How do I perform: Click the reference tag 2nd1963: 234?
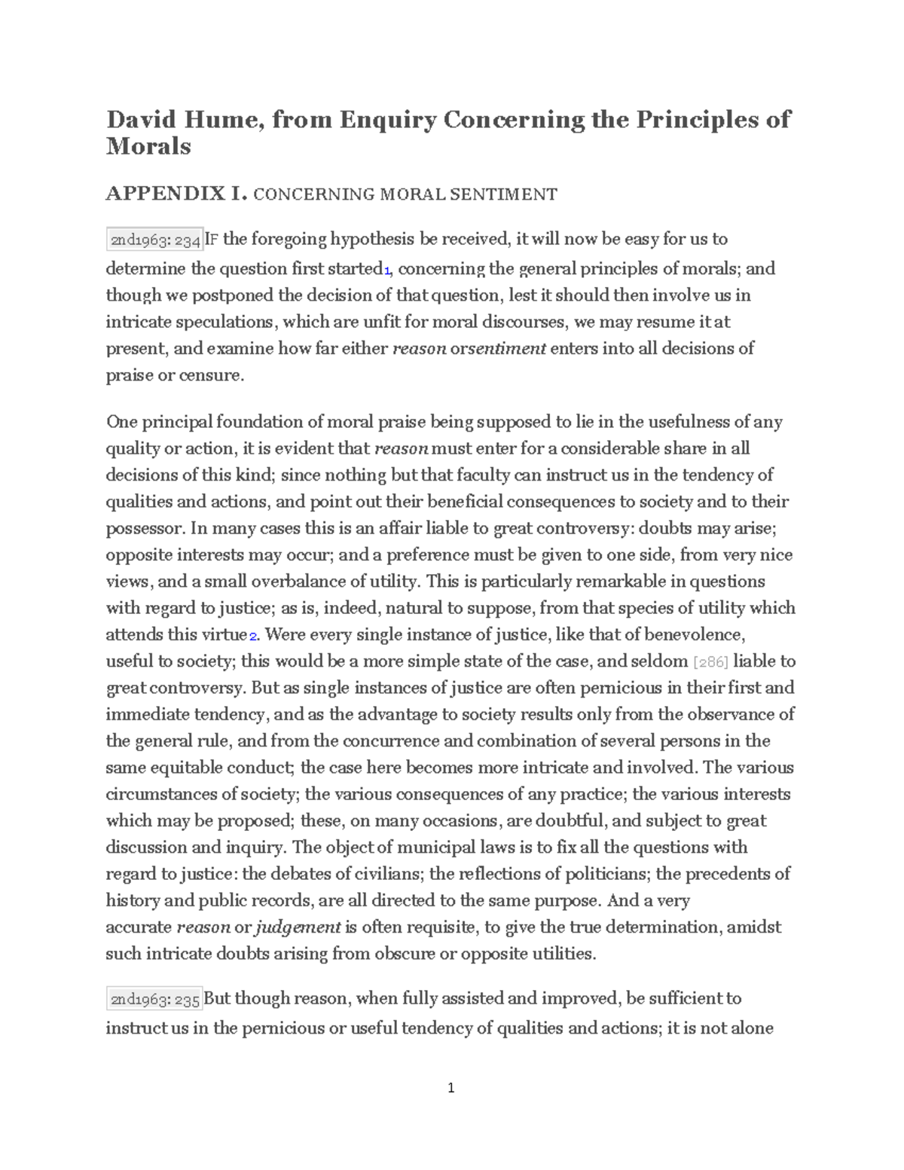tap(155, 240)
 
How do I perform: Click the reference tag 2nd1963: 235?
tap(155, 1000)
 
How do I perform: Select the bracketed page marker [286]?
tap(710, 662)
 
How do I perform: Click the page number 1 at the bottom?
tap(451, 1087)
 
